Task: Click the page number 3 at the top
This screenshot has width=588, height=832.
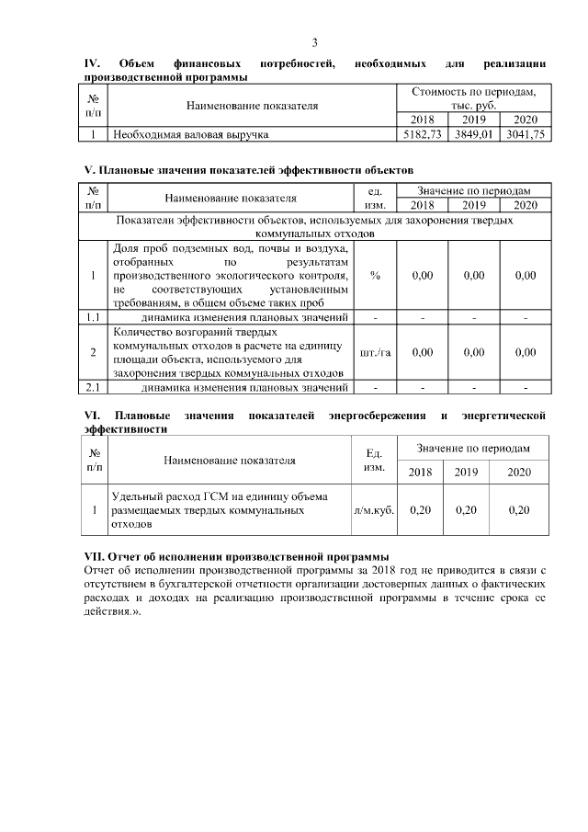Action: click(315, 43)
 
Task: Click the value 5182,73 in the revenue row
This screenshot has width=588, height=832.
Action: click(423, 134)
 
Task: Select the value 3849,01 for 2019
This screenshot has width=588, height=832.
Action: click(474, 134)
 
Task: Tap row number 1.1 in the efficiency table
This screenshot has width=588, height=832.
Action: click(93, 318)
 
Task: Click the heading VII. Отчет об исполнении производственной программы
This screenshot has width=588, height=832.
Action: click(236, 557)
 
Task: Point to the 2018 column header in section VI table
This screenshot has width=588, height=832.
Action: click(420, 472)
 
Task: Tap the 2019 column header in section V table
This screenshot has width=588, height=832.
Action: click(474, 205)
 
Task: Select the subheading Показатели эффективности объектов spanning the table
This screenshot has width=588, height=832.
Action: click(315, 227)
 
